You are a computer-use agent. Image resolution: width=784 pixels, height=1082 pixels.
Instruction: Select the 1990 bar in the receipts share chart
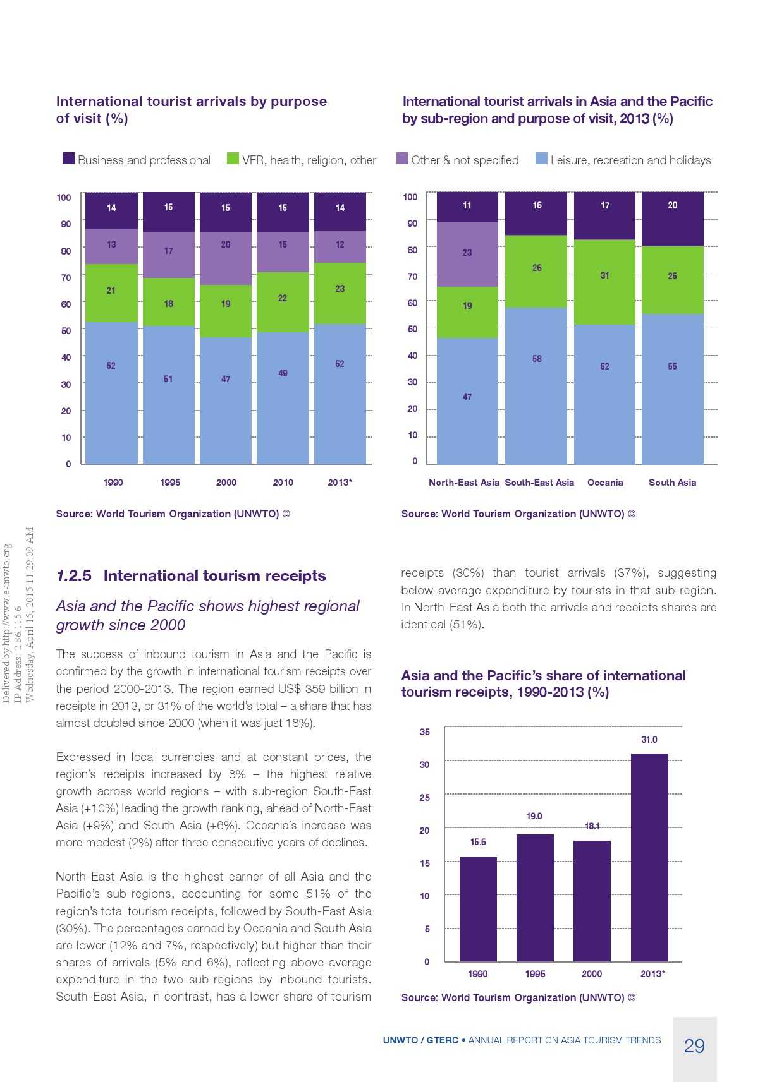coord(478,909)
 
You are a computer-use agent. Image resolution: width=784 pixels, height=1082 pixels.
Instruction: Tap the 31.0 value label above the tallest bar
coord(649,740)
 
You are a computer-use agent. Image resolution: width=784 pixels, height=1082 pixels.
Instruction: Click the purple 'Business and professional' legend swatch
coord(68,159)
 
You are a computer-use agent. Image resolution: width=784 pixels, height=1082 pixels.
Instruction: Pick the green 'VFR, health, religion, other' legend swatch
coord(233,159)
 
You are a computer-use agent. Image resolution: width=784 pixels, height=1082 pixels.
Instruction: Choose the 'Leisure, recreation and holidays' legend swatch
coord(541,159)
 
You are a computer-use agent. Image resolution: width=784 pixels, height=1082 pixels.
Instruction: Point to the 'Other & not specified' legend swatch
coord(402,159)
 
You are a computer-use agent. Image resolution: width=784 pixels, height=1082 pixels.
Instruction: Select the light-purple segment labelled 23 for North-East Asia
coord(467,255)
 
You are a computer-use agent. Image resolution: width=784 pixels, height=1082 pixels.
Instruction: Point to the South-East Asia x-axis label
coord(539,483)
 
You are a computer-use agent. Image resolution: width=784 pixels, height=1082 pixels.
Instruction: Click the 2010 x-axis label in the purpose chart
coord(283,483)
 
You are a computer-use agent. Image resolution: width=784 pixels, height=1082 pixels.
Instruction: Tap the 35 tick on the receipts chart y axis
coord(424,732)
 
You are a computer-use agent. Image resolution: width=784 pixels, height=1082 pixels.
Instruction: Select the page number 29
coord(694,1047)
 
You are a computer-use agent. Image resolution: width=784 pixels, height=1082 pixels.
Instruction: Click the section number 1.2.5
coord(73,576)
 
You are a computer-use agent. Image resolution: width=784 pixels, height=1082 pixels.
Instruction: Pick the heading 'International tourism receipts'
coord(214,576)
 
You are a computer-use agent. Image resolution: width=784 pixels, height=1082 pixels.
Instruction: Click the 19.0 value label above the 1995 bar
coord(534,816)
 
